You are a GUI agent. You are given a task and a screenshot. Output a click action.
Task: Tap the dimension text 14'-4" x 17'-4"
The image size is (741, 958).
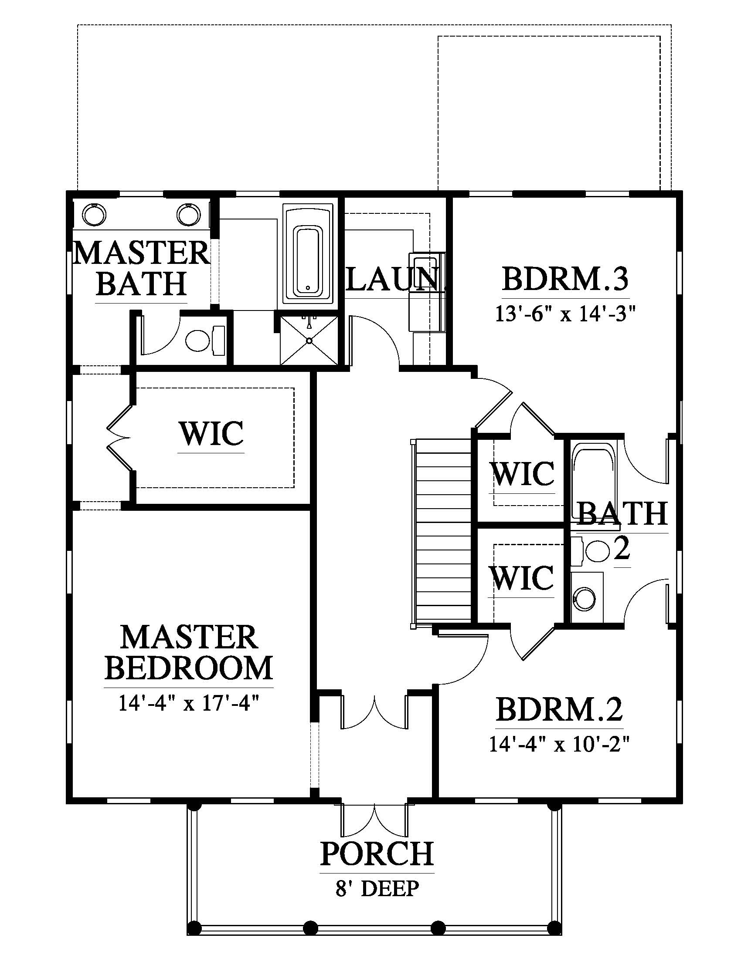click(189, 705)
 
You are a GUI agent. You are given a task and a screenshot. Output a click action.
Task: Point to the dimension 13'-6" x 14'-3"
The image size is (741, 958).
click(566, 314)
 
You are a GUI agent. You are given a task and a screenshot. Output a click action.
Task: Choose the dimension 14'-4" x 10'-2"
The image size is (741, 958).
click(560, 744)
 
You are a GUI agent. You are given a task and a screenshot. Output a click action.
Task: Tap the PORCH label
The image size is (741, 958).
click(377, 853)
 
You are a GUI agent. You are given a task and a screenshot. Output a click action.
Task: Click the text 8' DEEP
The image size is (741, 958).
click(377, 889)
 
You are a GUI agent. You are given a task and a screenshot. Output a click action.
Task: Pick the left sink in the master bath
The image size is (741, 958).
click(95, 215)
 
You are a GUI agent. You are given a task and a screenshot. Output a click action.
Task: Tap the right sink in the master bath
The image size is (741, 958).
click(189, 215)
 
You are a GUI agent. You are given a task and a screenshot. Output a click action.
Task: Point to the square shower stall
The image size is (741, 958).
click(309, 340)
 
